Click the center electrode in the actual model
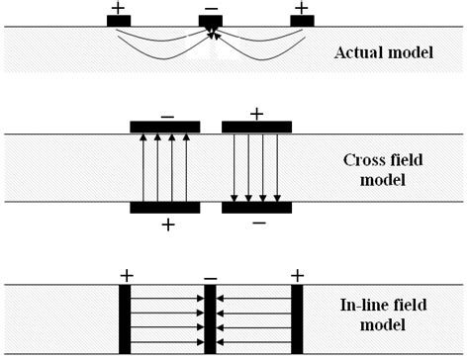tap(210, 21)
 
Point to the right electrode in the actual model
tap(301, 21)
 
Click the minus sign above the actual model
tap(210, 8)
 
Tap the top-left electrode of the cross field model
tap(165, 127)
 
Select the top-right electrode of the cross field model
tap(256, 127)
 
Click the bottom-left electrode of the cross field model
tap(165, 208)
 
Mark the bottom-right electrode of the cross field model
tap(256, 208)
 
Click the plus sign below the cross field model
tap(167, 225)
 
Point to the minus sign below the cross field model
tap(257, 224)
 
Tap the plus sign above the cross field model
tap(256, 113)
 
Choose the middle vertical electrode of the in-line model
tap(210, 318)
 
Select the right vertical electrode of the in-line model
tap(296, 318)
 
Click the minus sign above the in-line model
tap(210, 276)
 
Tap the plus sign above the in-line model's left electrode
tap(126, 274)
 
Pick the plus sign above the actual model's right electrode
tap(301, 7)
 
